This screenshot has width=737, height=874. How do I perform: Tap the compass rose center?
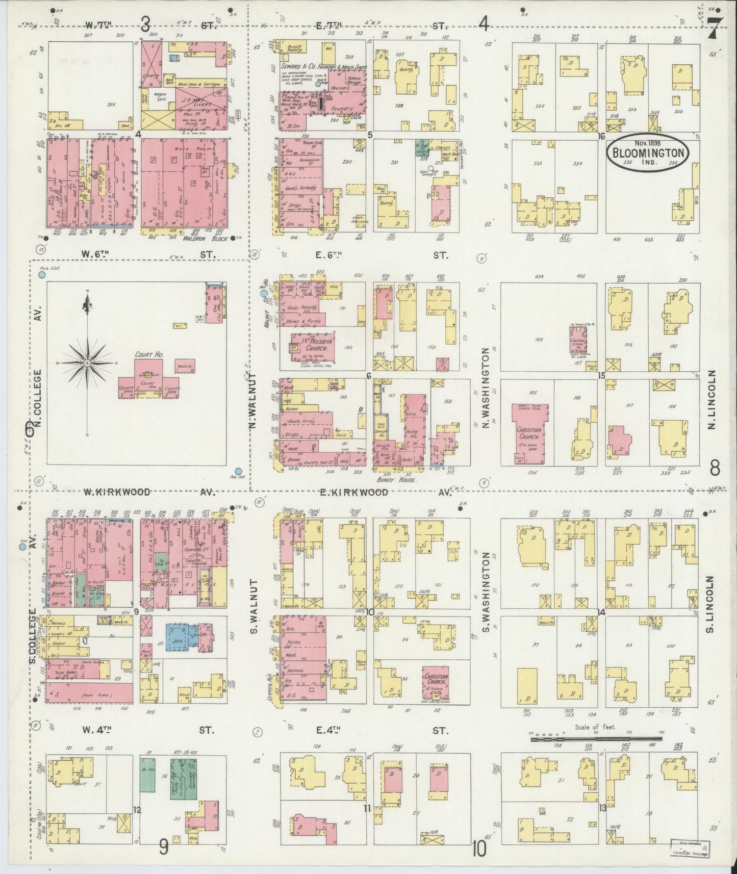click(x=88, y=363)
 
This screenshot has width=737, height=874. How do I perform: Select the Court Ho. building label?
click(x=145, y=353)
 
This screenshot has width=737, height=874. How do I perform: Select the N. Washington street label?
click(x=485, y=388)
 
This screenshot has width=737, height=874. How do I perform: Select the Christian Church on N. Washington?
click(x=531, y=434)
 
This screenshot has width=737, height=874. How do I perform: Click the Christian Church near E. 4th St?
click(x=435, y=677)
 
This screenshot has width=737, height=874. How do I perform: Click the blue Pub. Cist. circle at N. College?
click(x=42, y=274)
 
